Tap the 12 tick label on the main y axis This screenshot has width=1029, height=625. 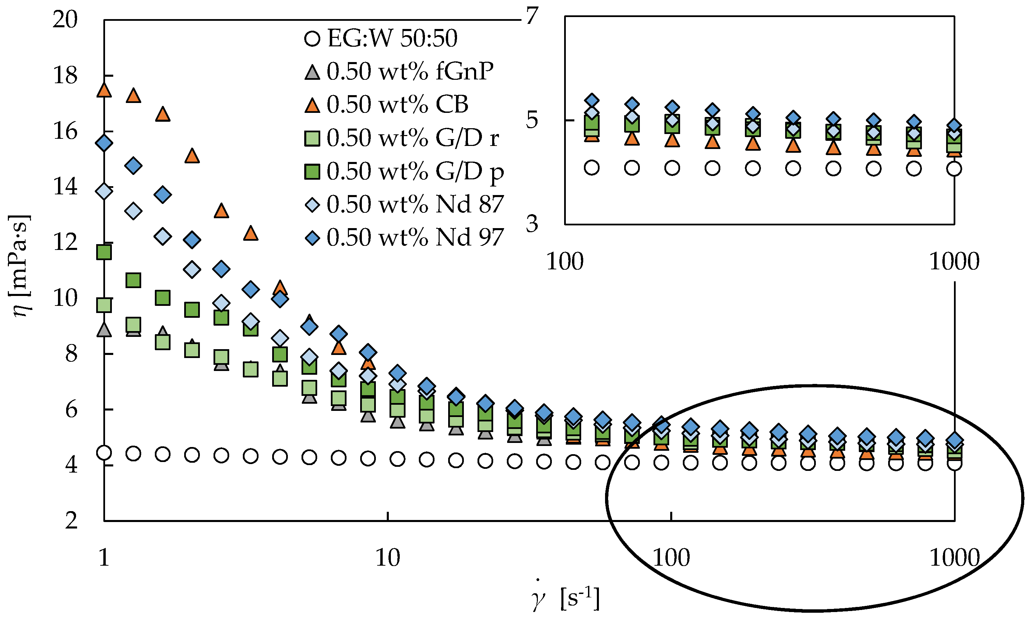coord(65,242)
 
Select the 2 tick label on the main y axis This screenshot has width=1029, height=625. coord(71,521)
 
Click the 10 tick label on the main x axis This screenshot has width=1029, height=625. coord(387,558)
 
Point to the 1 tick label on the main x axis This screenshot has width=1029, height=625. coord(104,558)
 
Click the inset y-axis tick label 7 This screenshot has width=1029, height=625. coord(532,17)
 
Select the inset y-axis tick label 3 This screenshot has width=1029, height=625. coord(532,224)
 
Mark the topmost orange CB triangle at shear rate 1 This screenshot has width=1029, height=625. coord(104,90)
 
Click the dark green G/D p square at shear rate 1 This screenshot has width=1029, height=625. coord(104,252)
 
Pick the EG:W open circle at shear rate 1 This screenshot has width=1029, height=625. coord(104,452)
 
